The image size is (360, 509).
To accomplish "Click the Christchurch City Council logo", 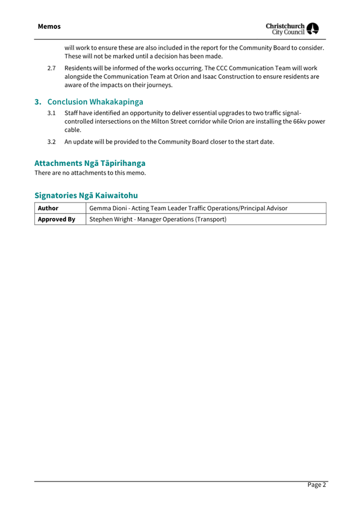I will (292, 28).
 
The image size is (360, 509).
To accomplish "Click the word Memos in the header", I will (49, 26).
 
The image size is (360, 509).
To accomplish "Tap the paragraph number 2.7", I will (52, 68).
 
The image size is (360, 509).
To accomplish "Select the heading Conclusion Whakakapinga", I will (95, 101).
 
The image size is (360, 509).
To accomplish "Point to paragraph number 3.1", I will (52, 113).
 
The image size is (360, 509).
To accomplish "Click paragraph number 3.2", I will (52, 141).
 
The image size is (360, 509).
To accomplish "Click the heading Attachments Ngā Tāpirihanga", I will (90, 163).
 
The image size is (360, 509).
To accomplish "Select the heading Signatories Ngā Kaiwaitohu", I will (86, 195).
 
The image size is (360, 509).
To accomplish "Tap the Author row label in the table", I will (48, 208).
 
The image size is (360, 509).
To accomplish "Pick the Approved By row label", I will (56, 219).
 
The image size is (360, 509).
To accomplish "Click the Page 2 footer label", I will (316, 484).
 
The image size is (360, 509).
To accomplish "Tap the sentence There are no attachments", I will (90, 173).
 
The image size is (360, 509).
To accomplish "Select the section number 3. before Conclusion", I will (38, 101).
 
